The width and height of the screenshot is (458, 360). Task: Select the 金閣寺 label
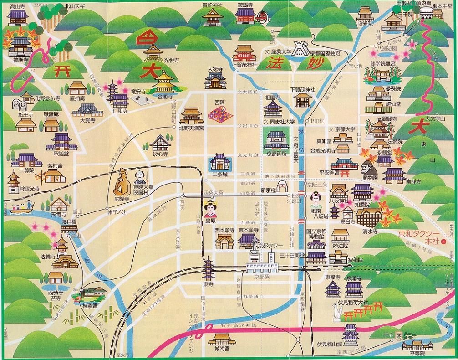coord(165,97)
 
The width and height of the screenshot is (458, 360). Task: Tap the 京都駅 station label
coord(259,276)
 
